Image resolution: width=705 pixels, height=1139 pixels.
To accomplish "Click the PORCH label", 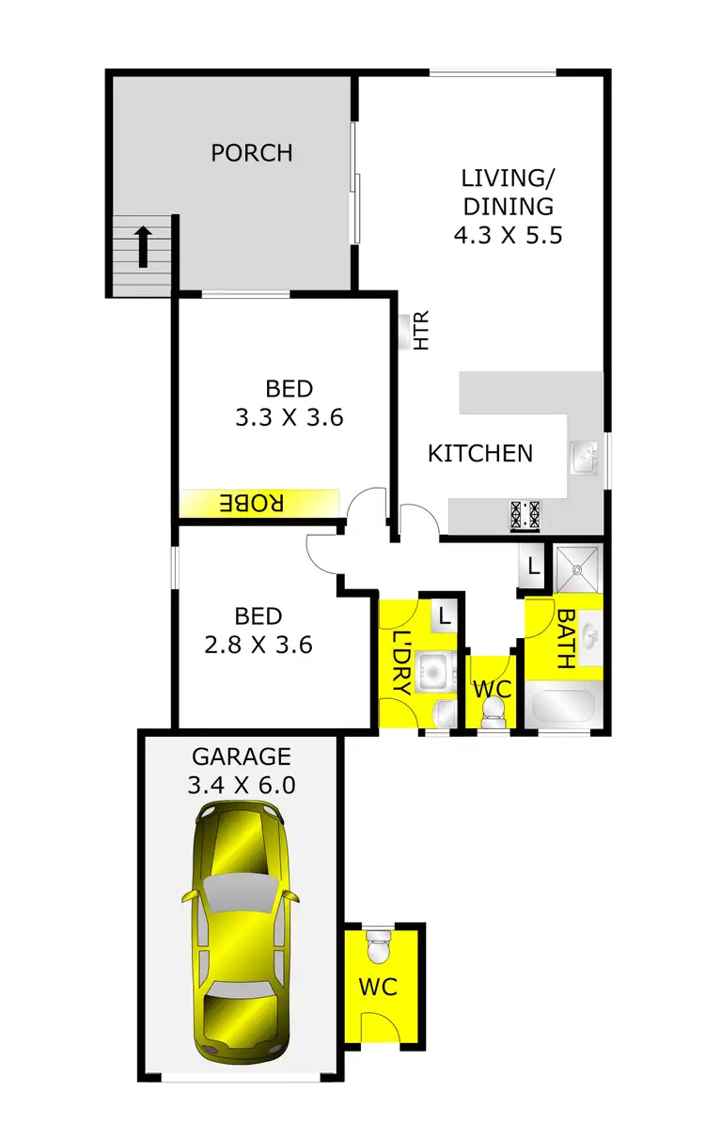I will pos(251,152).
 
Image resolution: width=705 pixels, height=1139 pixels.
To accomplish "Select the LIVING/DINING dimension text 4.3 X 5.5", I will pos(508,235).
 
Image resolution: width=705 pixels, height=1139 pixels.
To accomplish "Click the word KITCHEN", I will pos(480,453).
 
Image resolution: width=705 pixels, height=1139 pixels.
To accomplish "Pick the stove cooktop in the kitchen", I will pos(525,514).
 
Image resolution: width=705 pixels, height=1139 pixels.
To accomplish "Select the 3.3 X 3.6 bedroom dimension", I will pos(289,416).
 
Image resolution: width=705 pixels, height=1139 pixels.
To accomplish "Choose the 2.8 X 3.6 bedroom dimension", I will pos(258,645).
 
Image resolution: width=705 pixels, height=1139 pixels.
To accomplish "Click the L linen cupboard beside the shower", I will pos(533,567).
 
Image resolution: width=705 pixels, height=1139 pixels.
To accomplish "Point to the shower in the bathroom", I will pos(577,567).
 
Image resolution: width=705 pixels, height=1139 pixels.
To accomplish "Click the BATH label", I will pos(566,639).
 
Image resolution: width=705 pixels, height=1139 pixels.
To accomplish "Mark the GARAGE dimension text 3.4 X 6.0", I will pos(243,785).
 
